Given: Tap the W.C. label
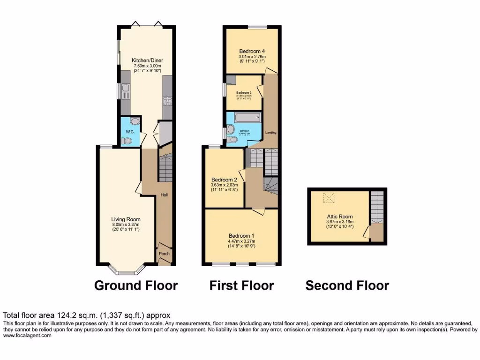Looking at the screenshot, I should [x=130, y=132].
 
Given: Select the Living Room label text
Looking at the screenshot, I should [x=126, y=219].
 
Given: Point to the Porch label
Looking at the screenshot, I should [x=164, y=254].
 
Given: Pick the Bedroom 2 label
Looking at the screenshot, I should [x=224, y=180].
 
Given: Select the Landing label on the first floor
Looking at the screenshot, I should [x=270, y=133].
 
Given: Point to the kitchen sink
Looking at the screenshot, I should [x=125, y=90].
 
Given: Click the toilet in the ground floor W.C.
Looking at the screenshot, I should [x=126, y=141].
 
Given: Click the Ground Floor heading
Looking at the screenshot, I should [x=136, y=285].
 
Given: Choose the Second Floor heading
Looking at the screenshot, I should [x=347, y=285].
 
